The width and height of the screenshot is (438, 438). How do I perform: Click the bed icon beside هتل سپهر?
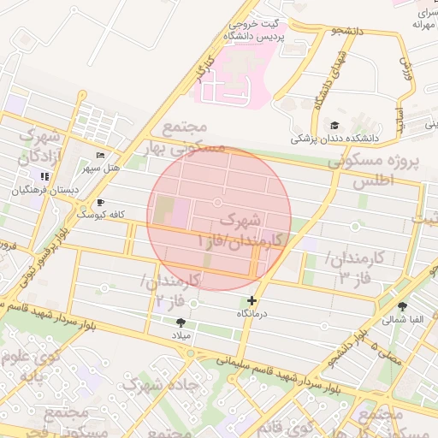[101, 156]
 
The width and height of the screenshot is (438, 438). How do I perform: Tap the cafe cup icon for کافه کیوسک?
[101, 203]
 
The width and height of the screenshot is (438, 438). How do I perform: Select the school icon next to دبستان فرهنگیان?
[44, 176]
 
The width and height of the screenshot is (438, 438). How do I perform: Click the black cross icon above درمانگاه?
[252, 300]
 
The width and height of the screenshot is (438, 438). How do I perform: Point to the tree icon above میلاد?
[181, 323]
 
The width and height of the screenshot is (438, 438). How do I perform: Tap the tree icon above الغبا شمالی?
[402, 305]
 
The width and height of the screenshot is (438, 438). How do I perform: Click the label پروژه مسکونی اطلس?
[379, 170]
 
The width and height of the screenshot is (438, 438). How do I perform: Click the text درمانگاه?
[252, 315]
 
